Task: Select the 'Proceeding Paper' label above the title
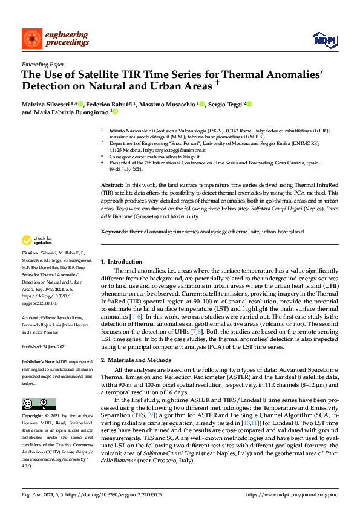click(42, 64)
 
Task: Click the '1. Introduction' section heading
click(121, 261)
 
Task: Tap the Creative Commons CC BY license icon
click(34, 403)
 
